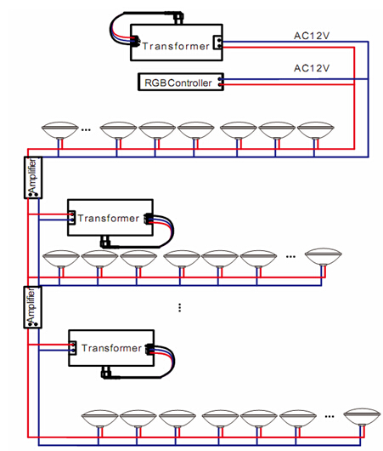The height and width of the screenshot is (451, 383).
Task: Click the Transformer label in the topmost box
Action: pyautogui.click(x=176, y=46)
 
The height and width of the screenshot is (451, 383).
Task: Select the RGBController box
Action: pyautogui.click(x=181, y=83)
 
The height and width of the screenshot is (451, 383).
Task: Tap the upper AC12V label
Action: pyautogui.click(x=312, y=36)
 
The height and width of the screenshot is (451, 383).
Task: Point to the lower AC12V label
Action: pyautogui.click(x=312, y=68)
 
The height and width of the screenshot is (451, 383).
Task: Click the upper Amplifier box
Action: pyautogui.click(x=33, y=178)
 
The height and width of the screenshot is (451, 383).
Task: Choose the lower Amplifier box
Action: pyautogui.click(x=33, y=307)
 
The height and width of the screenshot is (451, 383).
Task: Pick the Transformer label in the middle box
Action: pyautogui.click(x=108, y=219)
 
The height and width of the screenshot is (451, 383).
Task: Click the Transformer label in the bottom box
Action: pyautogui.click(x=111, y=348)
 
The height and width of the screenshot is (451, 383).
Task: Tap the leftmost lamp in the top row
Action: pyautogui.click(x=59, y=130)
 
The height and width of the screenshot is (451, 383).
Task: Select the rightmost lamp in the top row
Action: pyautogui.click(x=316, y=130)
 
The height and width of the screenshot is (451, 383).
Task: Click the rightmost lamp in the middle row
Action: pyautogui.click(x=324, y=257)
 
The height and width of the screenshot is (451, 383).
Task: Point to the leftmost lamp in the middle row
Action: pyautogui.click(x=61, y=260)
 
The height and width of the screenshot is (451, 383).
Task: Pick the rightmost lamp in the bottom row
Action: pyautogui.click(x=362, y=416)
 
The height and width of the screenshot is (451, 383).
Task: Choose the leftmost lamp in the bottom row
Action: pyautogui.click(x=99, y=419)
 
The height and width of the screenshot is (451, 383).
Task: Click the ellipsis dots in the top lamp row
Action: pyautogui.click(x=86, y=130)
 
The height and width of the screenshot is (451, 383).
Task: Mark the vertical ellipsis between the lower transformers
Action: pyautogui.click(x=180, y=307)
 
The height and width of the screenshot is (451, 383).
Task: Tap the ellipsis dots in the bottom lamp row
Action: pyautogui.click(x=329, y=416)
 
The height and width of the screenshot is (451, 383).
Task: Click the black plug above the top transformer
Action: pyautogui.click(x=178, y=17)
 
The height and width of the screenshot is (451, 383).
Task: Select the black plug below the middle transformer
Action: pyautogui.click(x=105, y=242)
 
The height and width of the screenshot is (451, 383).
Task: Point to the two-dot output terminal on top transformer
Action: pyautogui.click(x=217, y=43)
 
